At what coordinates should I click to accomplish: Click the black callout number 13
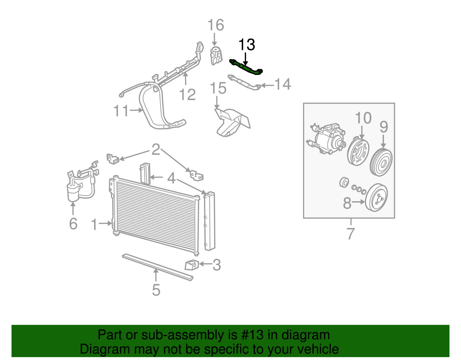(247, 45)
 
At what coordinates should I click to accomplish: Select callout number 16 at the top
(216, 25)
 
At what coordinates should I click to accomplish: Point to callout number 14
(282, 84)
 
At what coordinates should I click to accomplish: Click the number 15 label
(218, 88)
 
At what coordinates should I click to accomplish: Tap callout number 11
(121, 111)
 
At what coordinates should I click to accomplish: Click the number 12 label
(187, 95)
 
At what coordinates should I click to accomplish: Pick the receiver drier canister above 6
(73, 192)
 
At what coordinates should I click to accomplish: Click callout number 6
(73, 224)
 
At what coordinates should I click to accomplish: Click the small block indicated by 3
(191, 265)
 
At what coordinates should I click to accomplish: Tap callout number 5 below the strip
(156, 290)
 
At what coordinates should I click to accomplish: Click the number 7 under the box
(350, 233)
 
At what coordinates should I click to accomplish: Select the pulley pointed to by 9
(381, 163)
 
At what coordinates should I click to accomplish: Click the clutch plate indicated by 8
(376, 198)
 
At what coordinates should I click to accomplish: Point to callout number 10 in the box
(363, 118)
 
